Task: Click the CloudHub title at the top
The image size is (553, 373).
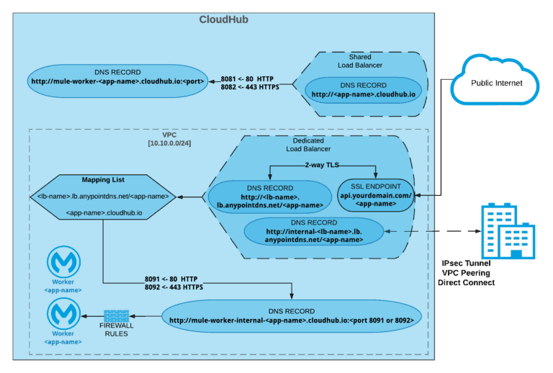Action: (224, 19)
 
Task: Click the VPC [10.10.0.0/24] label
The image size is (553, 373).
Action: (169, 139)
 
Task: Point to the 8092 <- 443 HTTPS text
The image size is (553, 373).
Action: (173, 287)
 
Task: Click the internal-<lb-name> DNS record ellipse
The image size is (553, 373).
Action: (314, 231)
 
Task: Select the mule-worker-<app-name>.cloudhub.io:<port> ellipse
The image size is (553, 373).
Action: (117, 77)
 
